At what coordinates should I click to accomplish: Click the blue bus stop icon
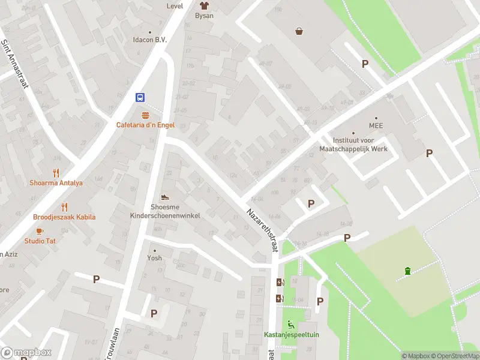[x=140, y=98]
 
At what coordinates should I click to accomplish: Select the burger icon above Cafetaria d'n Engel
[x=145, y=114]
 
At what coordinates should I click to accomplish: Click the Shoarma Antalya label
[x=56, y=183]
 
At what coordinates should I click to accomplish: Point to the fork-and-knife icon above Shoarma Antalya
[x=57, y=173]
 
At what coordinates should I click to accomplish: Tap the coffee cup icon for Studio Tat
[x=40, y=230]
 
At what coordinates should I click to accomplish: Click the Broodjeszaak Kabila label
[x=64, y=217]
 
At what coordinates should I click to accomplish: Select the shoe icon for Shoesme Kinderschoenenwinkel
[x=165, y=197]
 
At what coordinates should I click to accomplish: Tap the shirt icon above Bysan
[x=204, y=5]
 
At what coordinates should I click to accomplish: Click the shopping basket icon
[x=299, y=31]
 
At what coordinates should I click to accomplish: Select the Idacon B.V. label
[x=149, y=40]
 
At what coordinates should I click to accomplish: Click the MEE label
[x=376, y=126]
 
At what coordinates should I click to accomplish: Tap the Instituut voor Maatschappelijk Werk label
[x=361, y=144]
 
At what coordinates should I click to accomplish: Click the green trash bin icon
[x=407, y=271]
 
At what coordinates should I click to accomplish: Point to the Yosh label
[x=155, y=258]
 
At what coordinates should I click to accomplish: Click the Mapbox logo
[x=26, y=353]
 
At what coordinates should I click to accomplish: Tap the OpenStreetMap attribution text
[x=455, y=356]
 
